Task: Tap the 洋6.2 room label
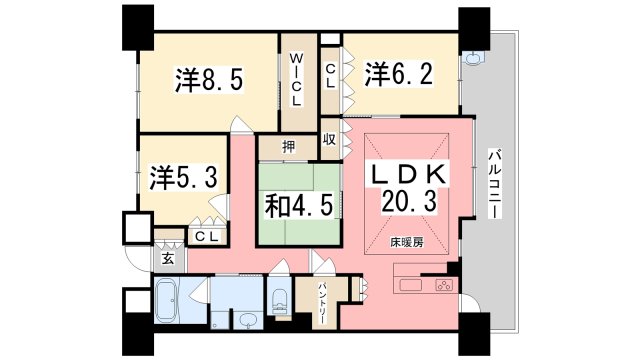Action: tap(398, 73)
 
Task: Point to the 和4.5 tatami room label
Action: tap(297, 205)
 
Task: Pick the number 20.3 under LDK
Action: tap(409, 202)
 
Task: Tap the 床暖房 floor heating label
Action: tap(405, 243)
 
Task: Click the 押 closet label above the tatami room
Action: tap(288, 148)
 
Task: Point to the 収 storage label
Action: tap(328, 140)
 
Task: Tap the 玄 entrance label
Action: tap(167, 258)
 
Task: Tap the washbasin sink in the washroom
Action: tap(246, 320)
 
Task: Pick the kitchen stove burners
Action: tap(441, 286)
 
